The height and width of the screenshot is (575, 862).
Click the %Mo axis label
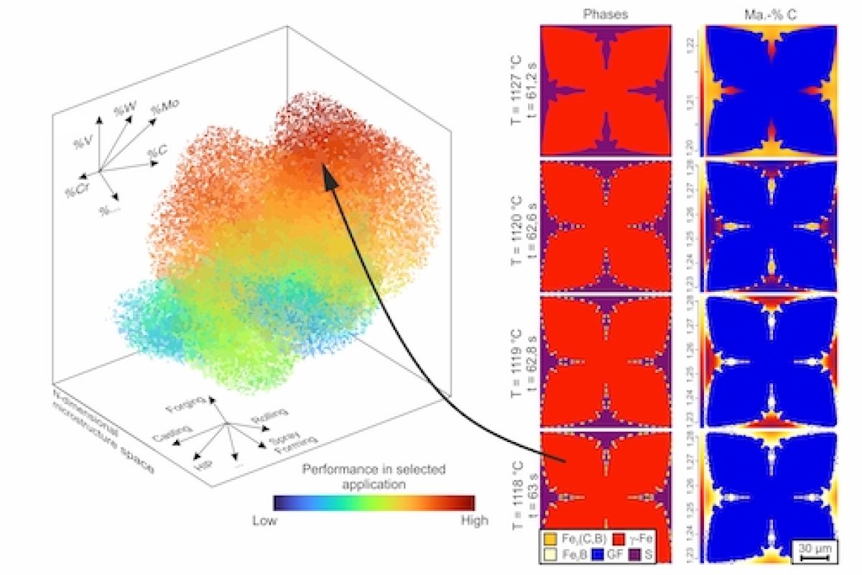tap(165, 108)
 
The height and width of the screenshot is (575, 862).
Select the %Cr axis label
tap(73, 192)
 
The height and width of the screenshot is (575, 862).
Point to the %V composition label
tap(80, 142)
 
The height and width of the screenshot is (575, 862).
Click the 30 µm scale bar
tap(815, 555)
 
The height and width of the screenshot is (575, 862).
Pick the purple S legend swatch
tap(636, 553)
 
